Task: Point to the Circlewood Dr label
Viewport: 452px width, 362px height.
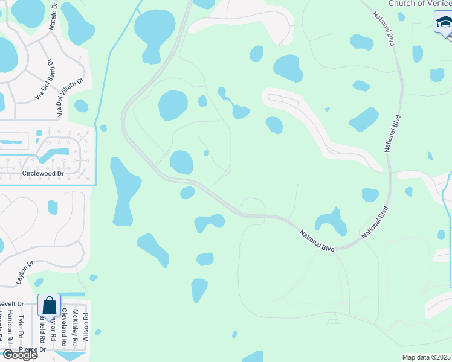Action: pos(42,173)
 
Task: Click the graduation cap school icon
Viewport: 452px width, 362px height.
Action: pos(444,23)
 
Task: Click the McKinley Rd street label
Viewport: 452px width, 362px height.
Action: pos(75,327)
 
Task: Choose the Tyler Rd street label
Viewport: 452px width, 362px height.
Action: pos(21,326)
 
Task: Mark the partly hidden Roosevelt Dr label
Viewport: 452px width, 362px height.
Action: pos(11,304)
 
